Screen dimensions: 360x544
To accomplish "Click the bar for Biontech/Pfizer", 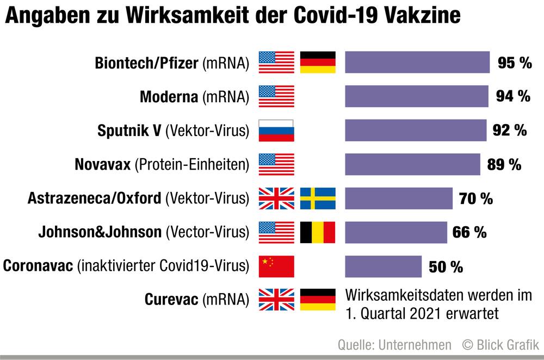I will [x=417, y=62].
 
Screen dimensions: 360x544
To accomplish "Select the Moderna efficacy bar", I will [x=417, y=96].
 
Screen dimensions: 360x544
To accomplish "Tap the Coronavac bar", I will [x=383, y=266].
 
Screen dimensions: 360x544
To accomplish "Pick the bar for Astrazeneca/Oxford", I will [x=399, y=198].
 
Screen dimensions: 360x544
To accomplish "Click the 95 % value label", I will [x=515, y=63].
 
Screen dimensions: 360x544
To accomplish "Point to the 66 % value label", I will [x=469, y=233].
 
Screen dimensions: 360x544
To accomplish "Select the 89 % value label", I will [x=504, y=164].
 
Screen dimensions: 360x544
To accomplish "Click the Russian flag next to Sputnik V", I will [x=276, y=131].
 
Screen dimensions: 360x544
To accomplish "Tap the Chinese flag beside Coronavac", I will [x=276, y=266].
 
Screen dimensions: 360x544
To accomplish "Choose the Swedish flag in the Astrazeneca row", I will [x=318, y=198].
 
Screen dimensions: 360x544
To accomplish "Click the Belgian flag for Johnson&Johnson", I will [x=318, y=232].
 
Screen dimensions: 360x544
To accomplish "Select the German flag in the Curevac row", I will [x=318, y=300].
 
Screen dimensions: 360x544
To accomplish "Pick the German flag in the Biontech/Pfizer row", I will [x=318, y=62].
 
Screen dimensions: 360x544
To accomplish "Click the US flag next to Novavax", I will [x=276, y=164].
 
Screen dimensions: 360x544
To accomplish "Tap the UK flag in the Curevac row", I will [x=276, y=300].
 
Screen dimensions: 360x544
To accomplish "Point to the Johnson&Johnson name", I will [x=100, y=232].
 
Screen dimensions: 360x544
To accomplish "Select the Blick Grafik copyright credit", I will [x=500, y=344].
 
